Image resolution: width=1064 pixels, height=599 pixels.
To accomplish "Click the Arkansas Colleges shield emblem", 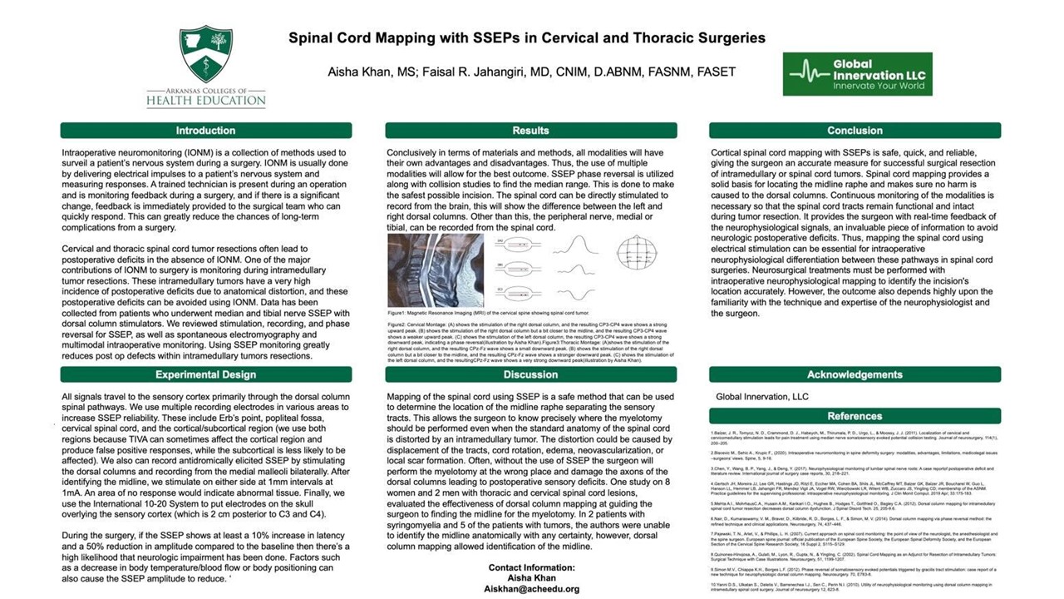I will coord(206,54).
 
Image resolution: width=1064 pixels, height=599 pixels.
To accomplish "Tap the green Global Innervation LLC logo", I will coord(857,74).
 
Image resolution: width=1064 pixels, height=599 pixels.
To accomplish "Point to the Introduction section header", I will coord(205,131).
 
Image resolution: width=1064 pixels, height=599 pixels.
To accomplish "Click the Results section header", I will coord(530,131).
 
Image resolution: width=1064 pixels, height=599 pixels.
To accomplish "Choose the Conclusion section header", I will coord(855,131).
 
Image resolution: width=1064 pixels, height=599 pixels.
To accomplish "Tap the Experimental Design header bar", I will coord(205,374).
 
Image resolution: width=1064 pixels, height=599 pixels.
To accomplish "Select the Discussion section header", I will coord(530,374).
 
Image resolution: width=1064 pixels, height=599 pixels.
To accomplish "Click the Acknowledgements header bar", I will coord(855,374).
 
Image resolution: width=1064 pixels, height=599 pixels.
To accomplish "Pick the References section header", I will coord(855,416).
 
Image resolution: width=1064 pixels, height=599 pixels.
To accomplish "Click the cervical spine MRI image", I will coord(435,270).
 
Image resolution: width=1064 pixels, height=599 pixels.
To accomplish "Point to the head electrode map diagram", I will coord(638,252).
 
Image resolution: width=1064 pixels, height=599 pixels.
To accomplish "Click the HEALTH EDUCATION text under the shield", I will coord(206,101).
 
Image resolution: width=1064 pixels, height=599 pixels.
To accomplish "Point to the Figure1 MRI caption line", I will coord(466,312).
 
